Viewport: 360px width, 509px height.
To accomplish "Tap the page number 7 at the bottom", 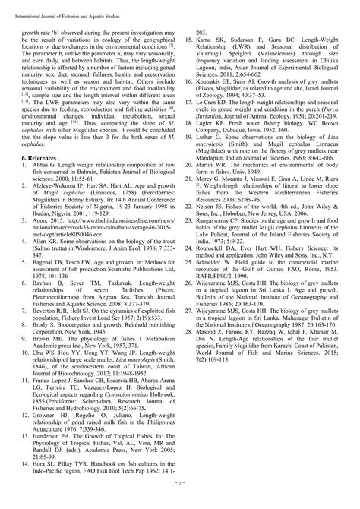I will click(179, 502).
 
